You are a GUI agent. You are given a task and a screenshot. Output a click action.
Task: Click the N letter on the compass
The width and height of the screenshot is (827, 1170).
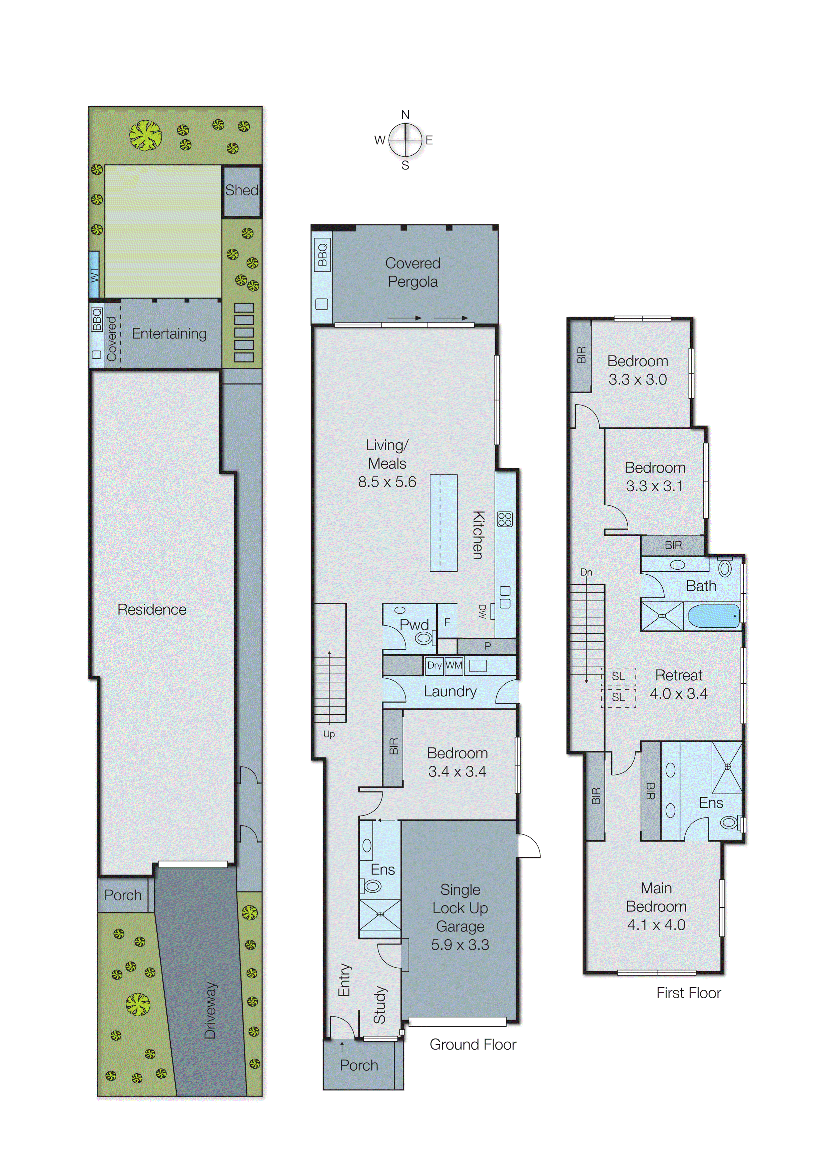[x=405, y=115]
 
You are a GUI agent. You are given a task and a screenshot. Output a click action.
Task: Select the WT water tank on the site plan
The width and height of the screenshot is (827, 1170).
[x=94, y=274]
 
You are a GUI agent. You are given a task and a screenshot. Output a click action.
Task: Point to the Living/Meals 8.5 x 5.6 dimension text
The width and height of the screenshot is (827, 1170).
[x=387, y=482]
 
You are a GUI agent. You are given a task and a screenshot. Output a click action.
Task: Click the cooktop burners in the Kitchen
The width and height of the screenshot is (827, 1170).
[x=505, y=519]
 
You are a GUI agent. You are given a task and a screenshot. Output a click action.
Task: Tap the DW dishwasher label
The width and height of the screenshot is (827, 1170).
[x=482, y=611]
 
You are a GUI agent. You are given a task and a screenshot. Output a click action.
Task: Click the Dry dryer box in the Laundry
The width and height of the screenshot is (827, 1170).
[x=434, y=665]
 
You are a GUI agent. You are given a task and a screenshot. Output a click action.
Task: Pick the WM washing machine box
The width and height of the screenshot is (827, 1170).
[x=454, y=665]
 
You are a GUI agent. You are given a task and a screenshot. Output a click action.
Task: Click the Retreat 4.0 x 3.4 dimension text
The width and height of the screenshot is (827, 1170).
[x=678, y=693]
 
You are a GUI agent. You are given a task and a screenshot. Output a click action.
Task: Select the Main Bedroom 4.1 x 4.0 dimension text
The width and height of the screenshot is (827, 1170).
[x=656, y=925]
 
